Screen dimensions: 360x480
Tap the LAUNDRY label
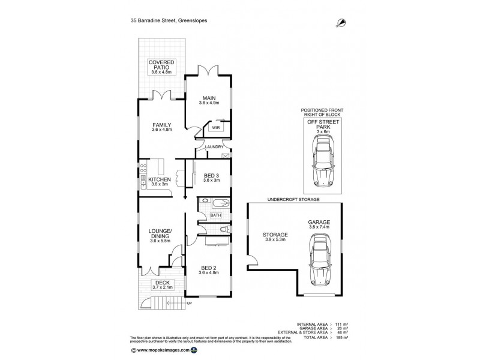pos(214,147)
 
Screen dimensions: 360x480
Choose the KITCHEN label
pos(161,179)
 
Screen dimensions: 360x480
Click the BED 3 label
pos(212,176)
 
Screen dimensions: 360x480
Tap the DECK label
pos(162,283)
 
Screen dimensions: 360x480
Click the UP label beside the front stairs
pos(190,303)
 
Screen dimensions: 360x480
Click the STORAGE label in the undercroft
pos(275,235)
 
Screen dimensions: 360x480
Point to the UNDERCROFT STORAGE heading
pos(293,198)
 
